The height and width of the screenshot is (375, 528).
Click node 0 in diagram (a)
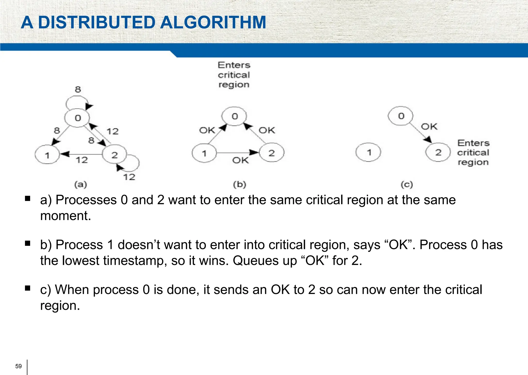pyautogui.click(x=77, y=118)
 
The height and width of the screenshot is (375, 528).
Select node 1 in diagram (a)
pyautogui.click(x=47, y=155)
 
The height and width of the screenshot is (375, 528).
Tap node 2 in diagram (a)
pyautogui.click(x=114, y=154)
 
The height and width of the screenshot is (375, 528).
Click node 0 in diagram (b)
pyautogui.click(x=234, y=116)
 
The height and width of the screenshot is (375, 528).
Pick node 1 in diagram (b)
pyautogui.click(x=204, y=153)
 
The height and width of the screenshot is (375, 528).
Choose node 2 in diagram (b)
pyautogui.click(x=271, y=153)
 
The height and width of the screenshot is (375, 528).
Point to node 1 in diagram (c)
pyautogui.click(x=368, y=152)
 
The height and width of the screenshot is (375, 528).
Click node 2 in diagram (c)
pyautogui.click(x=438, y=152)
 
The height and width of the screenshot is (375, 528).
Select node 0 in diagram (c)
pyautogui.click(x=401, y=116)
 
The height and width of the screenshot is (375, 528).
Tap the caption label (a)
pyautogui.click(x=81, y=184)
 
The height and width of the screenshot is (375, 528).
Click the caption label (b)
pyautogui.click(x=240, y=184)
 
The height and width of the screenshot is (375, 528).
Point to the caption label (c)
pyautogui.click(x=407, y=184)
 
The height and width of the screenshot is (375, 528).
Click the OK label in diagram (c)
pyautogui.click(x=429, y=127)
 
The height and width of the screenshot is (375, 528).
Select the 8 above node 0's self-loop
pyautogui.click(x=78, y=89)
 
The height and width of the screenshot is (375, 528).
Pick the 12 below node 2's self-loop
pyautogui.click(x=129, y=177)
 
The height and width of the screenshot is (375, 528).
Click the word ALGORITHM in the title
pyautogui.click(x=213, y=22)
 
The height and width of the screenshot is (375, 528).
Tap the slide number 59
pyautogui.click(x=19, y=366)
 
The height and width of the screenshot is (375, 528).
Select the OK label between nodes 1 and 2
pyautogui.click(x=241, y=160)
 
